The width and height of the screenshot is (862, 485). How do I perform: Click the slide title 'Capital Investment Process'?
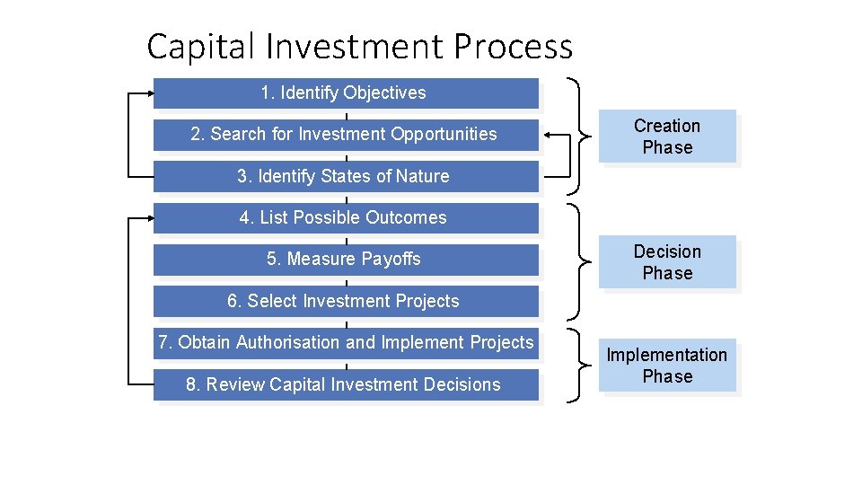pos(359,46)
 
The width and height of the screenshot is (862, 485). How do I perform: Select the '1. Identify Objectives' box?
pos(346,93)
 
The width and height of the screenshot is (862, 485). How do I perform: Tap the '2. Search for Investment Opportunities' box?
pos(346,135)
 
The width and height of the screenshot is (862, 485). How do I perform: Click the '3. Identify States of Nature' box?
pos(346,176)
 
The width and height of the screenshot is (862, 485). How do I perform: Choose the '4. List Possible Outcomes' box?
pos(346,217)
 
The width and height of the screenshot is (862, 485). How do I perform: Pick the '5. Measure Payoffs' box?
pos(346,260)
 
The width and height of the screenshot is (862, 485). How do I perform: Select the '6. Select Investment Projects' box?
pos(346,301)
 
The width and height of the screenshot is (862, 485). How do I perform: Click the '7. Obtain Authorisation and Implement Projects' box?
pos(346,342)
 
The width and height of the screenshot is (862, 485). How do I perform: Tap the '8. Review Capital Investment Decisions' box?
pos(346,384)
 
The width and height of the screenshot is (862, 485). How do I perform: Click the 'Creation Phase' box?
pos(667,137)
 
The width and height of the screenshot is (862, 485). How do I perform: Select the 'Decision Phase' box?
pos(667,262)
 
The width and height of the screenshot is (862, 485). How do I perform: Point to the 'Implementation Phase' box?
pos(667,366)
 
